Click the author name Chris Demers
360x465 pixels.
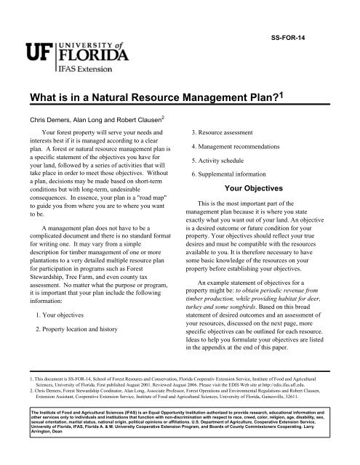(x=49, y=118)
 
